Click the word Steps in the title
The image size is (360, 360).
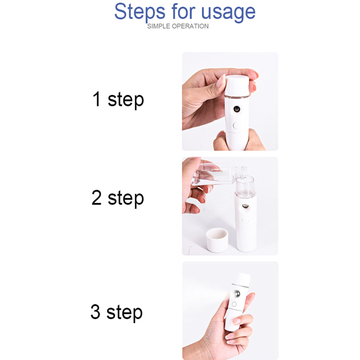coord(140,12)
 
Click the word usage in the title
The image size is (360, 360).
coord(228,13)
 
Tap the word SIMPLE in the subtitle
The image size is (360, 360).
coord(159,26)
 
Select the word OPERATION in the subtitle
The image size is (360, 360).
coord(190,26)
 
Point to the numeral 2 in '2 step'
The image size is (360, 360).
coord(96,198)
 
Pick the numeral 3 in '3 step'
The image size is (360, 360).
coord(96,311)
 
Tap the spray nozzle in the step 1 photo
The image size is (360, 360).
coord(237,109)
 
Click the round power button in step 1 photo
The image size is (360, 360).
coord(236,126)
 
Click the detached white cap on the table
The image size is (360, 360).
coord(217,240)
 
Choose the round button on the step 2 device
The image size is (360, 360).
coord(245,221)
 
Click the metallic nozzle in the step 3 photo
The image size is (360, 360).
coord(237,294)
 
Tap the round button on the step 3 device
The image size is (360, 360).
coord(234,304)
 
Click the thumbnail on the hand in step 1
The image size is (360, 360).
coord(221,81)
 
